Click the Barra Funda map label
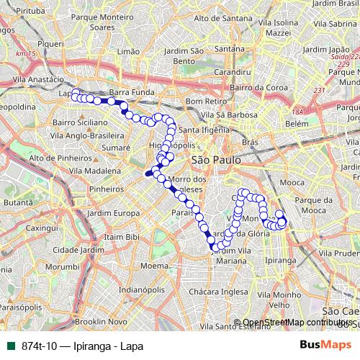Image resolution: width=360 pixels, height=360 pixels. point(128,92)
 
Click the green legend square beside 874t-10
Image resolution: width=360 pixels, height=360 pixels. point(11,346)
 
